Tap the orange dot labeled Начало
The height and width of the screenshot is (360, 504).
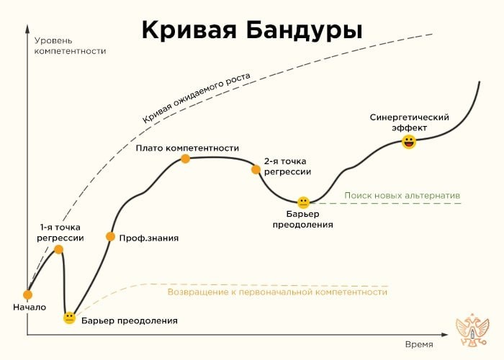coord(28,294)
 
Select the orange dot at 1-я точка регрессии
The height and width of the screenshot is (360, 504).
coord(59,249)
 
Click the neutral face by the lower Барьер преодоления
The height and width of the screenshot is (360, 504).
coord(69,318)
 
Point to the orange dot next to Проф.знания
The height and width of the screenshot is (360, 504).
coord(110,236)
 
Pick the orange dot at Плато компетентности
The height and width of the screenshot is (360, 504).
coord(185,158)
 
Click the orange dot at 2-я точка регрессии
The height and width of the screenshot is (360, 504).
coord(256,169)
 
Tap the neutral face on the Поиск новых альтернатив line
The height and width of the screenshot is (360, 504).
coord(303,202)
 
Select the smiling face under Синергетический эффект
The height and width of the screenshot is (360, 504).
coord(409,141)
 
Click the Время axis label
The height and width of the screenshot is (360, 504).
coord(419,344)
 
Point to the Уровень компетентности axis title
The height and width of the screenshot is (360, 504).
coord(69,45)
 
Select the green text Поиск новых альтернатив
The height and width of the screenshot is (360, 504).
coord(402,195)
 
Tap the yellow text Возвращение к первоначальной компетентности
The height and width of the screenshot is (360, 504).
coord(277,292)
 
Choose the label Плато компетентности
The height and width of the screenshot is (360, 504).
coord(187,148)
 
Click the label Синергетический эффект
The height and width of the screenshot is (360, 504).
coord(409,122)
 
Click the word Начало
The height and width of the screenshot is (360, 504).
coord(30,307)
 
